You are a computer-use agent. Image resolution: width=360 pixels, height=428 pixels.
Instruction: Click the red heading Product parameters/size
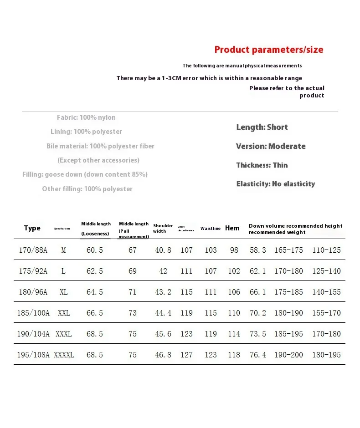click(x=269, y=50)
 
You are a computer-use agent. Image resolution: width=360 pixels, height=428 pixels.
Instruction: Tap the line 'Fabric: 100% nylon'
click(x=86, y=117)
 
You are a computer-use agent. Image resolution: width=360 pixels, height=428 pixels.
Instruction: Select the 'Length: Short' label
click(x=262, y=127)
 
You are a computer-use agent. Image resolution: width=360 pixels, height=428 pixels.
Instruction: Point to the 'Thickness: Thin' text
click(x=262, y=165)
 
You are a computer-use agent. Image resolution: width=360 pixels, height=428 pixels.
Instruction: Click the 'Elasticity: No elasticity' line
click(x=276, y=184)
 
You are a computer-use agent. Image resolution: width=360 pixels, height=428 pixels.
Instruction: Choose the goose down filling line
click(x=85, y=174)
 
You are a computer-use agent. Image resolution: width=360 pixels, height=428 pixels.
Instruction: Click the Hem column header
click(x=232, y=228)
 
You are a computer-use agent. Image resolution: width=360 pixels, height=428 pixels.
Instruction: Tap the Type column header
click(x=32, y=228)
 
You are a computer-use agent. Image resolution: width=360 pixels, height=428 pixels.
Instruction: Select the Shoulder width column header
click(x=163, y=228)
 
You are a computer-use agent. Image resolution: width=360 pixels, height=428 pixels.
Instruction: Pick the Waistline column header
click(x=211, y=229)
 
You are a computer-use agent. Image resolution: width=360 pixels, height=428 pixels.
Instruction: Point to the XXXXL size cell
click(x=64, y=355)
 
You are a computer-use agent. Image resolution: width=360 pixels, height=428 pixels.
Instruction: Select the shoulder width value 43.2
click(x=163, y=292)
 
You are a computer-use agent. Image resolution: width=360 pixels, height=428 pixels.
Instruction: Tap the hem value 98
click(x=234, y=250)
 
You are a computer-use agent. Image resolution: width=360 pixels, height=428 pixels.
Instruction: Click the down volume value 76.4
click(x=258, y=355)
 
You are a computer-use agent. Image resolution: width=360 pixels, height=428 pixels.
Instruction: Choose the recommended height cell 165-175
click(x=288, y=250)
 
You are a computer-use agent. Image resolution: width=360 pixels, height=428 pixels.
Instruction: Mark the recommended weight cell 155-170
click(x=326, y=313)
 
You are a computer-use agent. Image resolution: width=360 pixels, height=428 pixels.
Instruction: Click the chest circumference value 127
click(x=186, y=355)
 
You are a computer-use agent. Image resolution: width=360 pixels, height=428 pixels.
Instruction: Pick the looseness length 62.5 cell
click(x=95, y=271)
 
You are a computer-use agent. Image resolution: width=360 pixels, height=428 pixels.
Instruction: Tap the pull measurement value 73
click(x=133, y=313)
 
